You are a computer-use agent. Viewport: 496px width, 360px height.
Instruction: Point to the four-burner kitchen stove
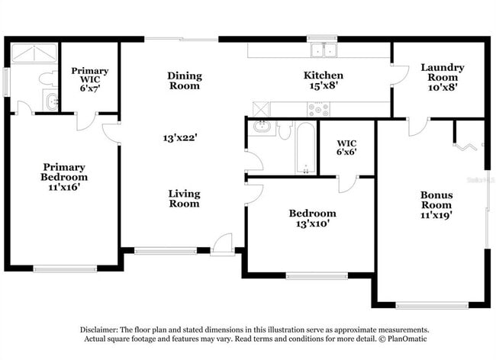coord(319,108)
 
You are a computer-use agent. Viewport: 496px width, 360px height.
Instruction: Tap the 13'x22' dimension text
coord(180,138)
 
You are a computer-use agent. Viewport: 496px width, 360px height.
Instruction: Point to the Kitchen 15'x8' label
coord(324,81)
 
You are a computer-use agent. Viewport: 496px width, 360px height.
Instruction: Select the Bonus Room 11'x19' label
coord(436,204)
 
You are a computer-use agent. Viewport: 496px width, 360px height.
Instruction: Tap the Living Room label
coord(184,198)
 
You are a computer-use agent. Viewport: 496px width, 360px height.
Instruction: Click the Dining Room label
coord(184,80)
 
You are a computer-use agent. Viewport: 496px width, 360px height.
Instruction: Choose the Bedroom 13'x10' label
coord(311,219)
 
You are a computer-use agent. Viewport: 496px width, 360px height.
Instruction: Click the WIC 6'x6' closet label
coord(347,147)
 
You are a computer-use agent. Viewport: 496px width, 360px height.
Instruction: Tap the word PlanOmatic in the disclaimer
coord(407,339)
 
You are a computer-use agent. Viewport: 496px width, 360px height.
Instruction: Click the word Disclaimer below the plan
coord(101,329)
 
